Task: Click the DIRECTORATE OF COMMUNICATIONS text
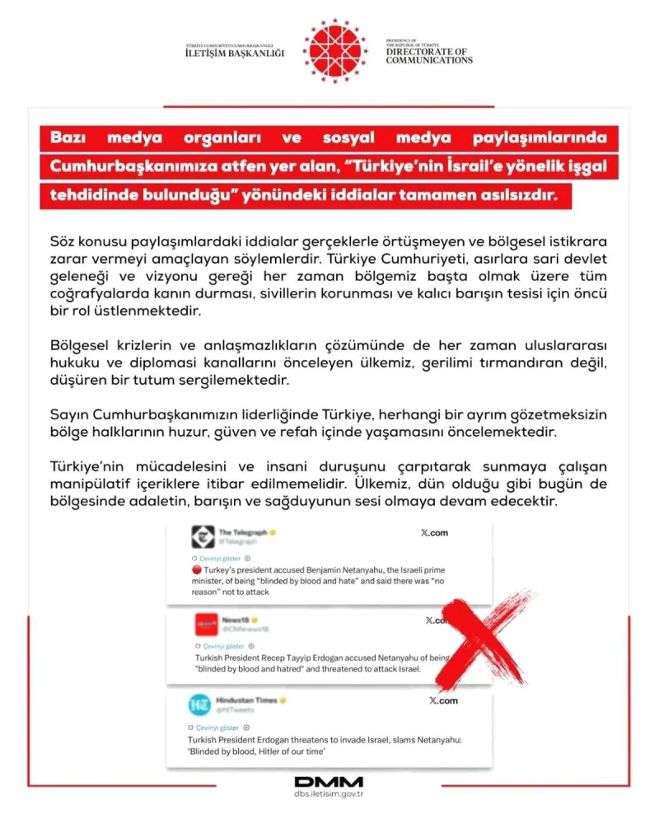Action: point(428,55)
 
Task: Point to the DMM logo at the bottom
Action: point(329,781)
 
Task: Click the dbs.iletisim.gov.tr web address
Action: point(329,796)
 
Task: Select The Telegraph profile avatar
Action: point(203,537)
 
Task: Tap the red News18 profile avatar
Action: point(206,624)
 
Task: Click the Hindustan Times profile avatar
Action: point(199,705)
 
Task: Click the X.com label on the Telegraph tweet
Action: point(433,533)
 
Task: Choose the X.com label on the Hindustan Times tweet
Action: point(443,700)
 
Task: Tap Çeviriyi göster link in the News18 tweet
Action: point(219,647)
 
